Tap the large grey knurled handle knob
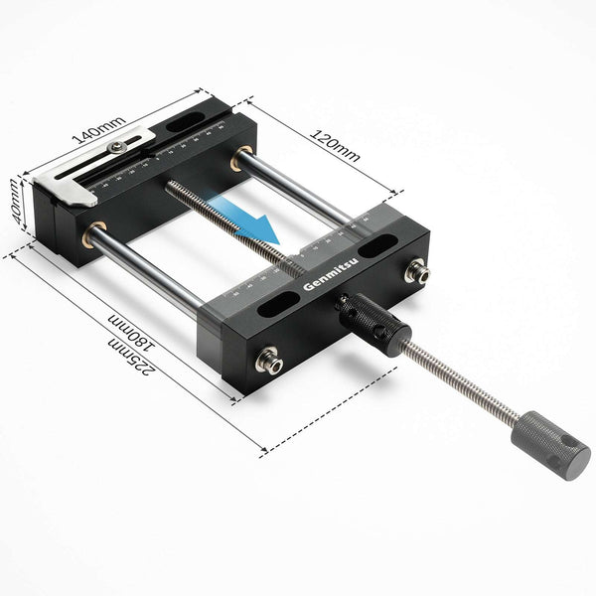[550, 444]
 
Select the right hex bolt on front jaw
[415, 269]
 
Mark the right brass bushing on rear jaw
[241, 158]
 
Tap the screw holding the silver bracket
[118, 146]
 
